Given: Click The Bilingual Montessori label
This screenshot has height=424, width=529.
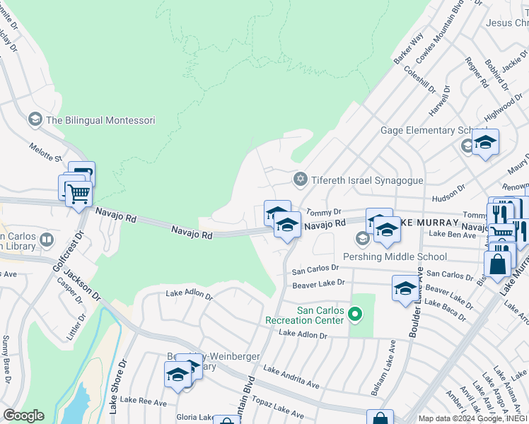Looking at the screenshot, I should coord(100,120).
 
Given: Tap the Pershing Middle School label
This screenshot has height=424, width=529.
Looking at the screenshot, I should coord(395,257).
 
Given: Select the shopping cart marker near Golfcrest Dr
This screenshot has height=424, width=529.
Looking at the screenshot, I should coord(79,193).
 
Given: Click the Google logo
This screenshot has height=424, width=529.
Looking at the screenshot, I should coord(23,416).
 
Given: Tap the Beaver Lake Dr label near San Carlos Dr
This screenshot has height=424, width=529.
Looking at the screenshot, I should coord(318,283).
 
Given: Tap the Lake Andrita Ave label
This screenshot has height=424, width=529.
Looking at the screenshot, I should coord(291,377).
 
